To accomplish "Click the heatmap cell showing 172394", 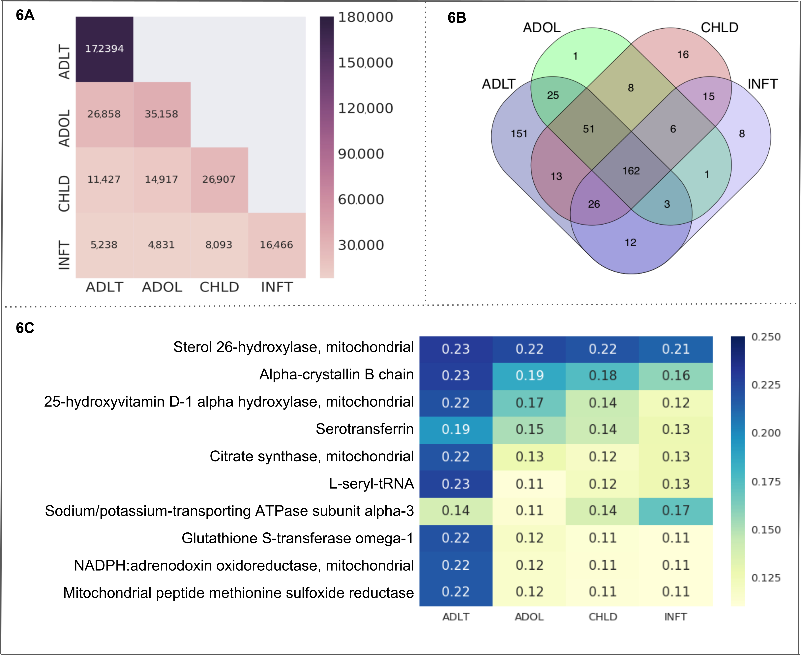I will (x=104, y=49).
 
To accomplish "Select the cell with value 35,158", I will (x=162, y=114).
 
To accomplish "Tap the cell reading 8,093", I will (x=219, y=245).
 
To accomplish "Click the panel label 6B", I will (x=457, y=18).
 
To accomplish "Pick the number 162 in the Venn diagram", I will (x=631, y=171).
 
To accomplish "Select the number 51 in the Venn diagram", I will (x=588, y=129).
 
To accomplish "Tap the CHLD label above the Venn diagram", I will (x=719, y=28).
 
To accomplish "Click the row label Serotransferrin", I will (x=365, y=429).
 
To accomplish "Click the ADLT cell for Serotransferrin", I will (x=456, y=429).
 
